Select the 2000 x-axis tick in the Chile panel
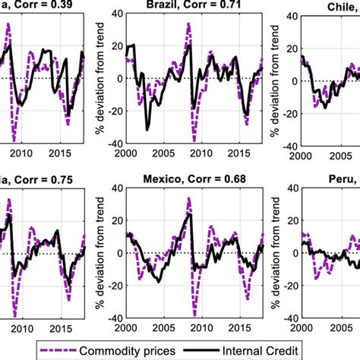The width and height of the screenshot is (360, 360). tap(302, 153)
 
